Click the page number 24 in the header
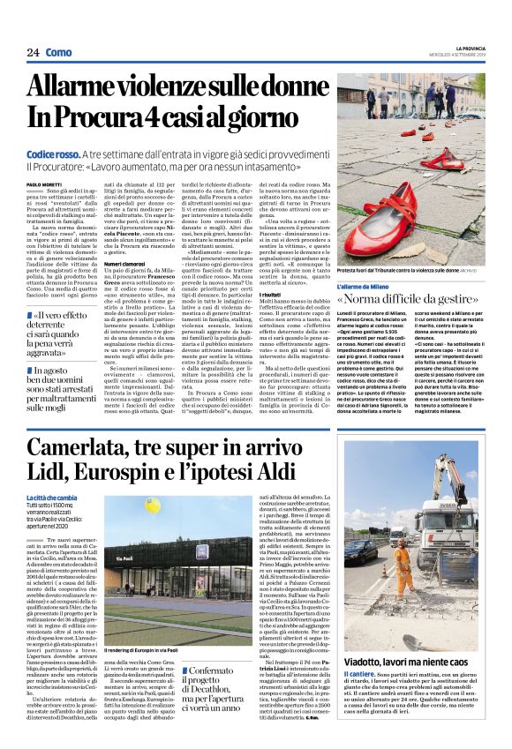(x=32, y=53)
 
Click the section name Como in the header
(x=60, y=53)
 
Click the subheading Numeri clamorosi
(x=125, y=263)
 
